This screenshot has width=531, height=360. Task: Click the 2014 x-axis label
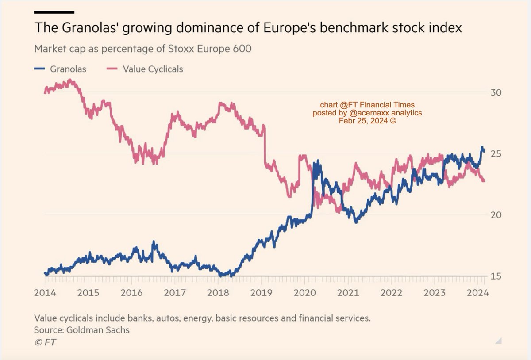click(x=45, y=293)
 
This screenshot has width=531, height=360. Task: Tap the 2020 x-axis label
click(x=304, y=293)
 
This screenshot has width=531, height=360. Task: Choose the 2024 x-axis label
click(x=477, y=293)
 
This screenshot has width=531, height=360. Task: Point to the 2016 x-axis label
click(x=131, y=293)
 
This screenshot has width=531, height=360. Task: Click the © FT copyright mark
click(x=45, y=343)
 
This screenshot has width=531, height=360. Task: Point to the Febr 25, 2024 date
click(x=367, y=120)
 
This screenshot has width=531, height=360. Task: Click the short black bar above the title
click(x=54, y=12)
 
